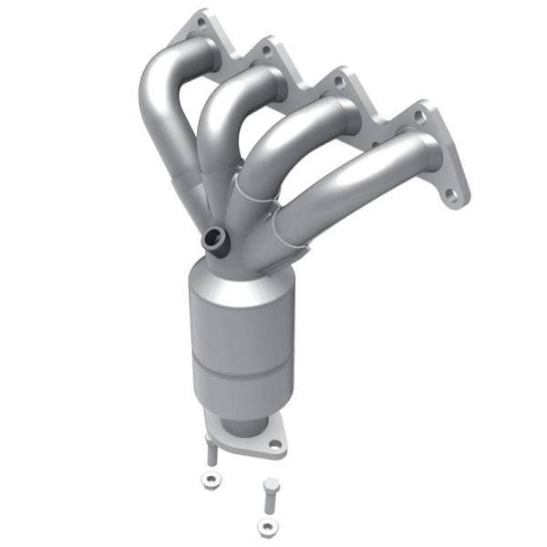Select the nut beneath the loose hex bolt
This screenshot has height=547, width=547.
(265, 526)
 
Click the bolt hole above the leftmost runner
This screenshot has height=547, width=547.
(201, 22)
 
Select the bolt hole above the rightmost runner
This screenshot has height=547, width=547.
(419, 117)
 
